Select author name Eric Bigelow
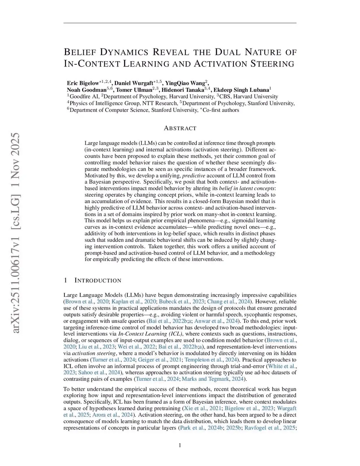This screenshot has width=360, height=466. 83,83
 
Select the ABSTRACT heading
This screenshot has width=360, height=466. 180,128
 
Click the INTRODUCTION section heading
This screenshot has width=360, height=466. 98,280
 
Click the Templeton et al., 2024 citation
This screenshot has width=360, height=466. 211,359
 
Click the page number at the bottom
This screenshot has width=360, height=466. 180,446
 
